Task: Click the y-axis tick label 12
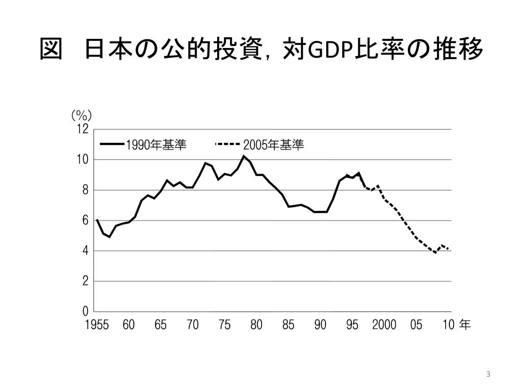coord(83,130)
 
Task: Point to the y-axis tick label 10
coord(83,160)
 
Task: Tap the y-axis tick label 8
coord(85,190)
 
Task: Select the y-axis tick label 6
coord(85,220)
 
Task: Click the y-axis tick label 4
coord(85,251)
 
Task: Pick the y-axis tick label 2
coord(85,281)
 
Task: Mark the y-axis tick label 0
coord(85,311)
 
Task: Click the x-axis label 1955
coord(96,325)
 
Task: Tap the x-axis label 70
coord(193,325)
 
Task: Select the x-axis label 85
coord(289,325)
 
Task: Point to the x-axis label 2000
coord(384,325)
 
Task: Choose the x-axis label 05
coord(416,325)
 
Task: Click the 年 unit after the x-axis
coord(464,325)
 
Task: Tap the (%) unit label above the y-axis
coord(82,115)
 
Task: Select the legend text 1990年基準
coord(156,145)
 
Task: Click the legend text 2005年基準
coord(273,145)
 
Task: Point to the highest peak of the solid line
coord(244,156)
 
